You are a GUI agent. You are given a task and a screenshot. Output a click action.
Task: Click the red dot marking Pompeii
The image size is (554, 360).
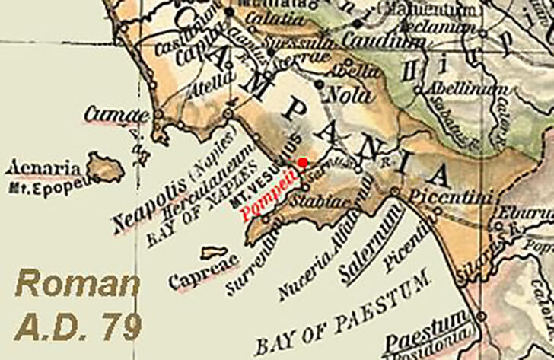[302, 162]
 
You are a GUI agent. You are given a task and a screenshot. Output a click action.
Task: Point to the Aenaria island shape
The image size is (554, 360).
[104, 167]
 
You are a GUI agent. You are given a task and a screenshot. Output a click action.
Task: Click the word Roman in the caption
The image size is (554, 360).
[77, 285]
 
